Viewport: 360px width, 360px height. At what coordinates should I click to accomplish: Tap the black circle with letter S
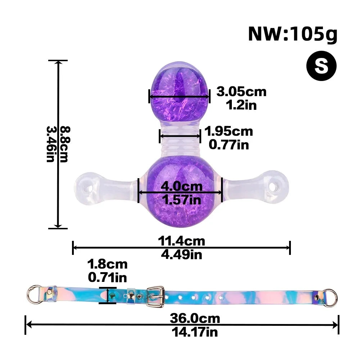pyautogui.click(x=321, y=66)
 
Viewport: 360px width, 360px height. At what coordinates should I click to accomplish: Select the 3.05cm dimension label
pyautogui.click(x=242, y=92)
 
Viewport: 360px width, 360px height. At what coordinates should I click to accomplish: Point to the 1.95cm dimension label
pyautogui.click(x=229, y=131)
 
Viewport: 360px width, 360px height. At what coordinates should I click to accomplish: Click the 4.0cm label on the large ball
pyautogui.click(x=181, y=186)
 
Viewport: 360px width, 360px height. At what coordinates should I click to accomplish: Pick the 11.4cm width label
pyautogui.click(x=181, y=241)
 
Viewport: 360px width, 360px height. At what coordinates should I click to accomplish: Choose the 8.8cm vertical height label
pyautogui.click(x=65, y=144)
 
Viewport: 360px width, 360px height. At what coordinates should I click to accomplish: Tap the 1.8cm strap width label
pyautogui.click(x=107, y=264)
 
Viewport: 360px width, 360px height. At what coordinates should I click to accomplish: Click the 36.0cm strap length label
pyautogui.click(x=195, y=319)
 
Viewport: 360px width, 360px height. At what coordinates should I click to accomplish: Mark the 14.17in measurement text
pyautogui.click(x=195, y=332)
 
